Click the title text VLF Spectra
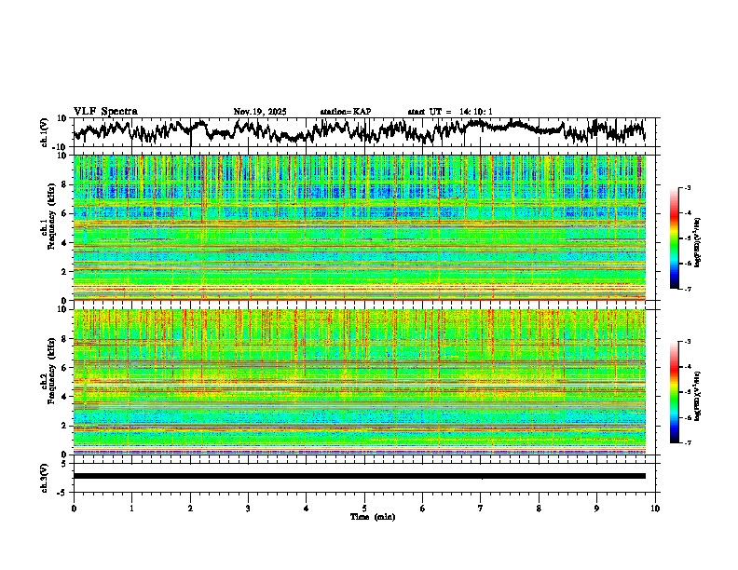coord(105,112)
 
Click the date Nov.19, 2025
coord(260,112)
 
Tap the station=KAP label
coord(345,112)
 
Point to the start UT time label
coord(450,112)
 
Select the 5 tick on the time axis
coord(364,509)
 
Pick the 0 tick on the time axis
coord(74,509)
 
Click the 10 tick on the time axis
coord(655,509)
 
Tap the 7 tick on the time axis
coord(481,509)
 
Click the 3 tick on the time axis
coord(248,509)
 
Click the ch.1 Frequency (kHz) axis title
coord(48,228)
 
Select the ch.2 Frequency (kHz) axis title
coord(48,382)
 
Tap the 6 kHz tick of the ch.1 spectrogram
coord(66,214)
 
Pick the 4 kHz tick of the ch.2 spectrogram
coord(66,397)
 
